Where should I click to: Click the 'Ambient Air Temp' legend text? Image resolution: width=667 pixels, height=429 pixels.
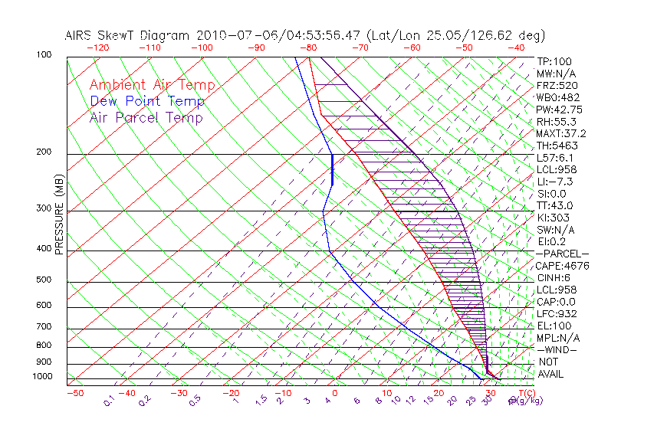(x=152, y=85)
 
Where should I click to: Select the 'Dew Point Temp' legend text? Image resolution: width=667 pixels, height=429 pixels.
(x=147, y=101)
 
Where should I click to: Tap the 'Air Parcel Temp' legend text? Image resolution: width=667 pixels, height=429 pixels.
(x=146, y=117)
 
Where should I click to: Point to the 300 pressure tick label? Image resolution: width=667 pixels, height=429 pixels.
(x=43, y=208)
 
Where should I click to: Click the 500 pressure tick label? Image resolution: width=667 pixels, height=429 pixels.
(x=43, y=280)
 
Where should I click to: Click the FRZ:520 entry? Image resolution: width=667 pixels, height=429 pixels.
(x=557, y=86)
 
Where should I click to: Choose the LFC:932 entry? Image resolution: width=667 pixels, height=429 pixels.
(x=557, y=314)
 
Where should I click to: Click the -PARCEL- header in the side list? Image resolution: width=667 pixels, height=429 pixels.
(x=562, y=254)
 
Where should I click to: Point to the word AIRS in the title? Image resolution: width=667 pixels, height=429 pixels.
(x=80, y=35)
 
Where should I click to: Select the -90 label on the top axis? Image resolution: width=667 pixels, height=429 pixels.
(x=256, y=47)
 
